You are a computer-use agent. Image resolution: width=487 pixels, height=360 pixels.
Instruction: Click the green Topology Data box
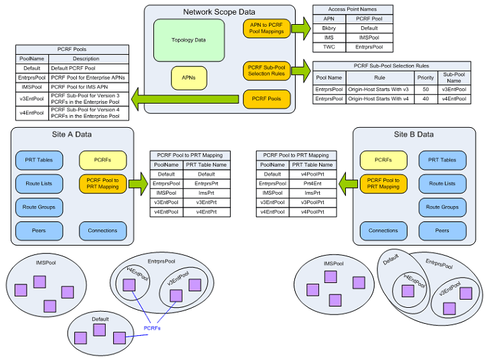click(x=188, y=40)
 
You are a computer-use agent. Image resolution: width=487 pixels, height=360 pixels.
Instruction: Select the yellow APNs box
click(x=189, y=78)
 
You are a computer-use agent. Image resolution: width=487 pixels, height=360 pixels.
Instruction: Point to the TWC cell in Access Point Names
click(x=328, y=48)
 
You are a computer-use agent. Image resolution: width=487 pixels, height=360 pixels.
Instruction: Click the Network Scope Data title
click(x=219, y=12)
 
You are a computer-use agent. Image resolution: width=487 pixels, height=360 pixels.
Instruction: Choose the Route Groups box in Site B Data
click(x=442, y=207)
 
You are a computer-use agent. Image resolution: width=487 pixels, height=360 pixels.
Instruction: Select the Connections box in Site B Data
click(x=383, y=231)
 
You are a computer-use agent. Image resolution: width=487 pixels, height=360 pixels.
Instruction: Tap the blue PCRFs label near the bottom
click(x=153, y=328)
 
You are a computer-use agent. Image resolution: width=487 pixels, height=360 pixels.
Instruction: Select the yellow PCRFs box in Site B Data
click(x=383, y=160)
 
